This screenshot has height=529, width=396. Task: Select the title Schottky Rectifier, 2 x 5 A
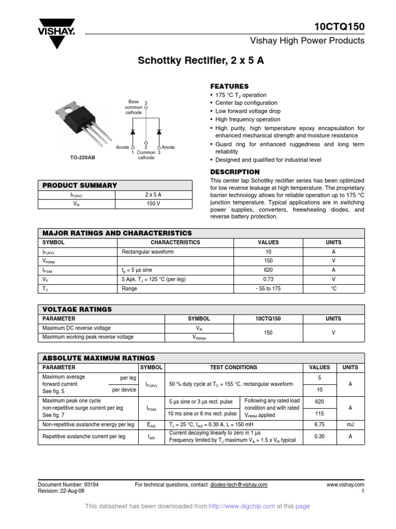(201, 60)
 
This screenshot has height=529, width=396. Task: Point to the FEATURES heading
(229, 86)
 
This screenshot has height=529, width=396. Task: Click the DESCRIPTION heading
(235, 172)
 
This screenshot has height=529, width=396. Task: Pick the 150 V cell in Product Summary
(153, 204)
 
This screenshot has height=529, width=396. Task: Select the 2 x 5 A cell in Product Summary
(153, 195)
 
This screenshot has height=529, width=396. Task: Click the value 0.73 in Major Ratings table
(268, 279)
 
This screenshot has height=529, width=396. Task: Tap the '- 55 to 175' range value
(268, 289)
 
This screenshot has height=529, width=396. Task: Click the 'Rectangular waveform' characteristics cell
(148, 252)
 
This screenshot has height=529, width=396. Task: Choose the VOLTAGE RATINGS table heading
(77, 309)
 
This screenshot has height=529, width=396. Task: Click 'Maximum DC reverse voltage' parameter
(76, 328)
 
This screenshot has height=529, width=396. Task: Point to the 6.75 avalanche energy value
(319, 425)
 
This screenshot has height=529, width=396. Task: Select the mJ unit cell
(350, 425)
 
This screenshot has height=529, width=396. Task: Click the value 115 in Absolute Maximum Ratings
(319, 413)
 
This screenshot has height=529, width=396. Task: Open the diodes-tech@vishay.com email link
(239, 485)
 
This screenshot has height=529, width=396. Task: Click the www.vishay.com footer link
(345, 485)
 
